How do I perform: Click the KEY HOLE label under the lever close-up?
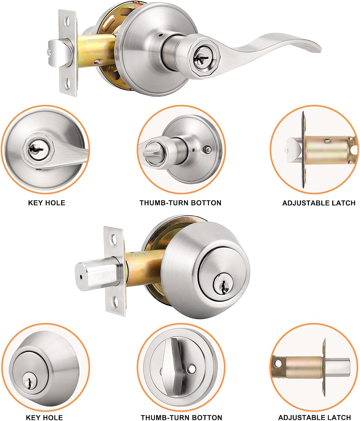pos(47,203)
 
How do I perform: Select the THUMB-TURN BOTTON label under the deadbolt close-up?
pos(181,417)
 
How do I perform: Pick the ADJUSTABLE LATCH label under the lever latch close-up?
pos(319,203)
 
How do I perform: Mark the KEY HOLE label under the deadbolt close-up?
pos(44,417)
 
